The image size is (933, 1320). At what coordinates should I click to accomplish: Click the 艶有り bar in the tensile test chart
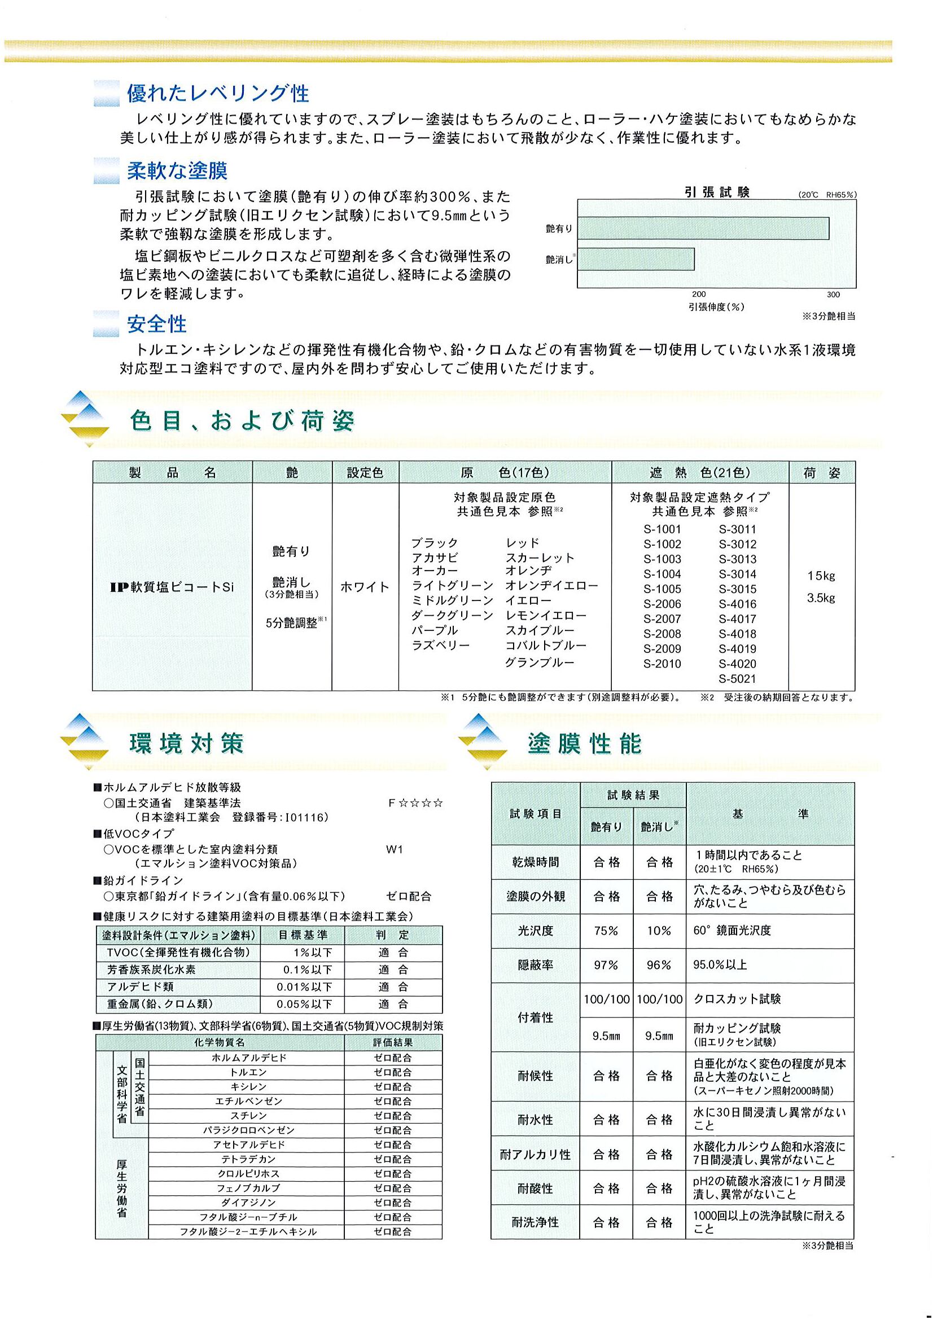pos(703,228)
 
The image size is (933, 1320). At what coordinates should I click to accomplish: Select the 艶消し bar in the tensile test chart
pos(636,258)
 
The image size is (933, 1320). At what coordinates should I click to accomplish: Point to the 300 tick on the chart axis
pos(833,295)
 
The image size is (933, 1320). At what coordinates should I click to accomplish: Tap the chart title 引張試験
pos(717,192)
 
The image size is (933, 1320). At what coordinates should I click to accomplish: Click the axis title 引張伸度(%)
pos(716,307)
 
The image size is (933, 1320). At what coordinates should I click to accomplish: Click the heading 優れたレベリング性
pos(218,93)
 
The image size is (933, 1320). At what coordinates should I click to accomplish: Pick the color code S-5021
pos(738,679)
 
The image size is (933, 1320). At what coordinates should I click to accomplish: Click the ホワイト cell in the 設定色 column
pos(365,587)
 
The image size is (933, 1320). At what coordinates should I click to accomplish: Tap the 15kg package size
pos(821,576)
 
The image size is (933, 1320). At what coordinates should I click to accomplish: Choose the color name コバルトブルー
pos(546,646)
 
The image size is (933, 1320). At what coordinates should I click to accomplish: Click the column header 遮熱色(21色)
pos(699,472)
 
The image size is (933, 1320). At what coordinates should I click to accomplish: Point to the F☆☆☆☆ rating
pos(415,803)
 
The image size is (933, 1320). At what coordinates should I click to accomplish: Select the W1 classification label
pos(395,850)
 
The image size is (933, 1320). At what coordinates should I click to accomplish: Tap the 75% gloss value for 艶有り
pos(606,931)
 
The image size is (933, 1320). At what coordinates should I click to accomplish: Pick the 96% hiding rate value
pos(659,965)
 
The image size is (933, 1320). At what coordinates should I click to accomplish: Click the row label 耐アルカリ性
pos(535,1155)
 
